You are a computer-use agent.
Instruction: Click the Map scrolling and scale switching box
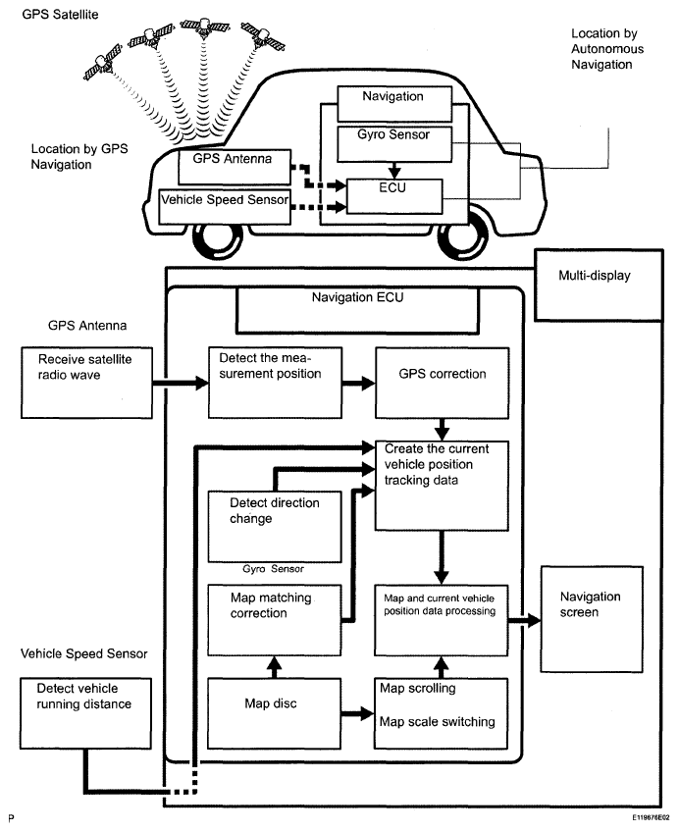(x=442, y=703)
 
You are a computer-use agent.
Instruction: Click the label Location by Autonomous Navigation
(x=601, y=49)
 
